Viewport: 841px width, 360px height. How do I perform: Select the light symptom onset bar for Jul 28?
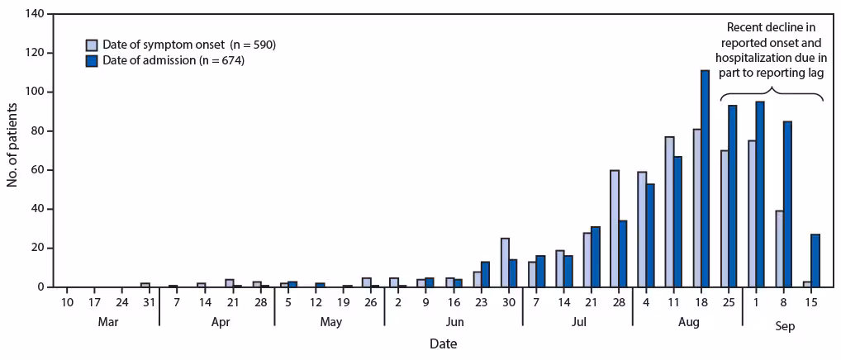(615, 229)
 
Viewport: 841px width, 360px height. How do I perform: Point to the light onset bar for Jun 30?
(505, 263)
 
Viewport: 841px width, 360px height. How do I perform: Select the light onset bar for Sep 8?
(780, 249)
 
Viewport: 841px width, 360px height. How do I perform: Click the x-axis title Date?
(442, 343)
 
